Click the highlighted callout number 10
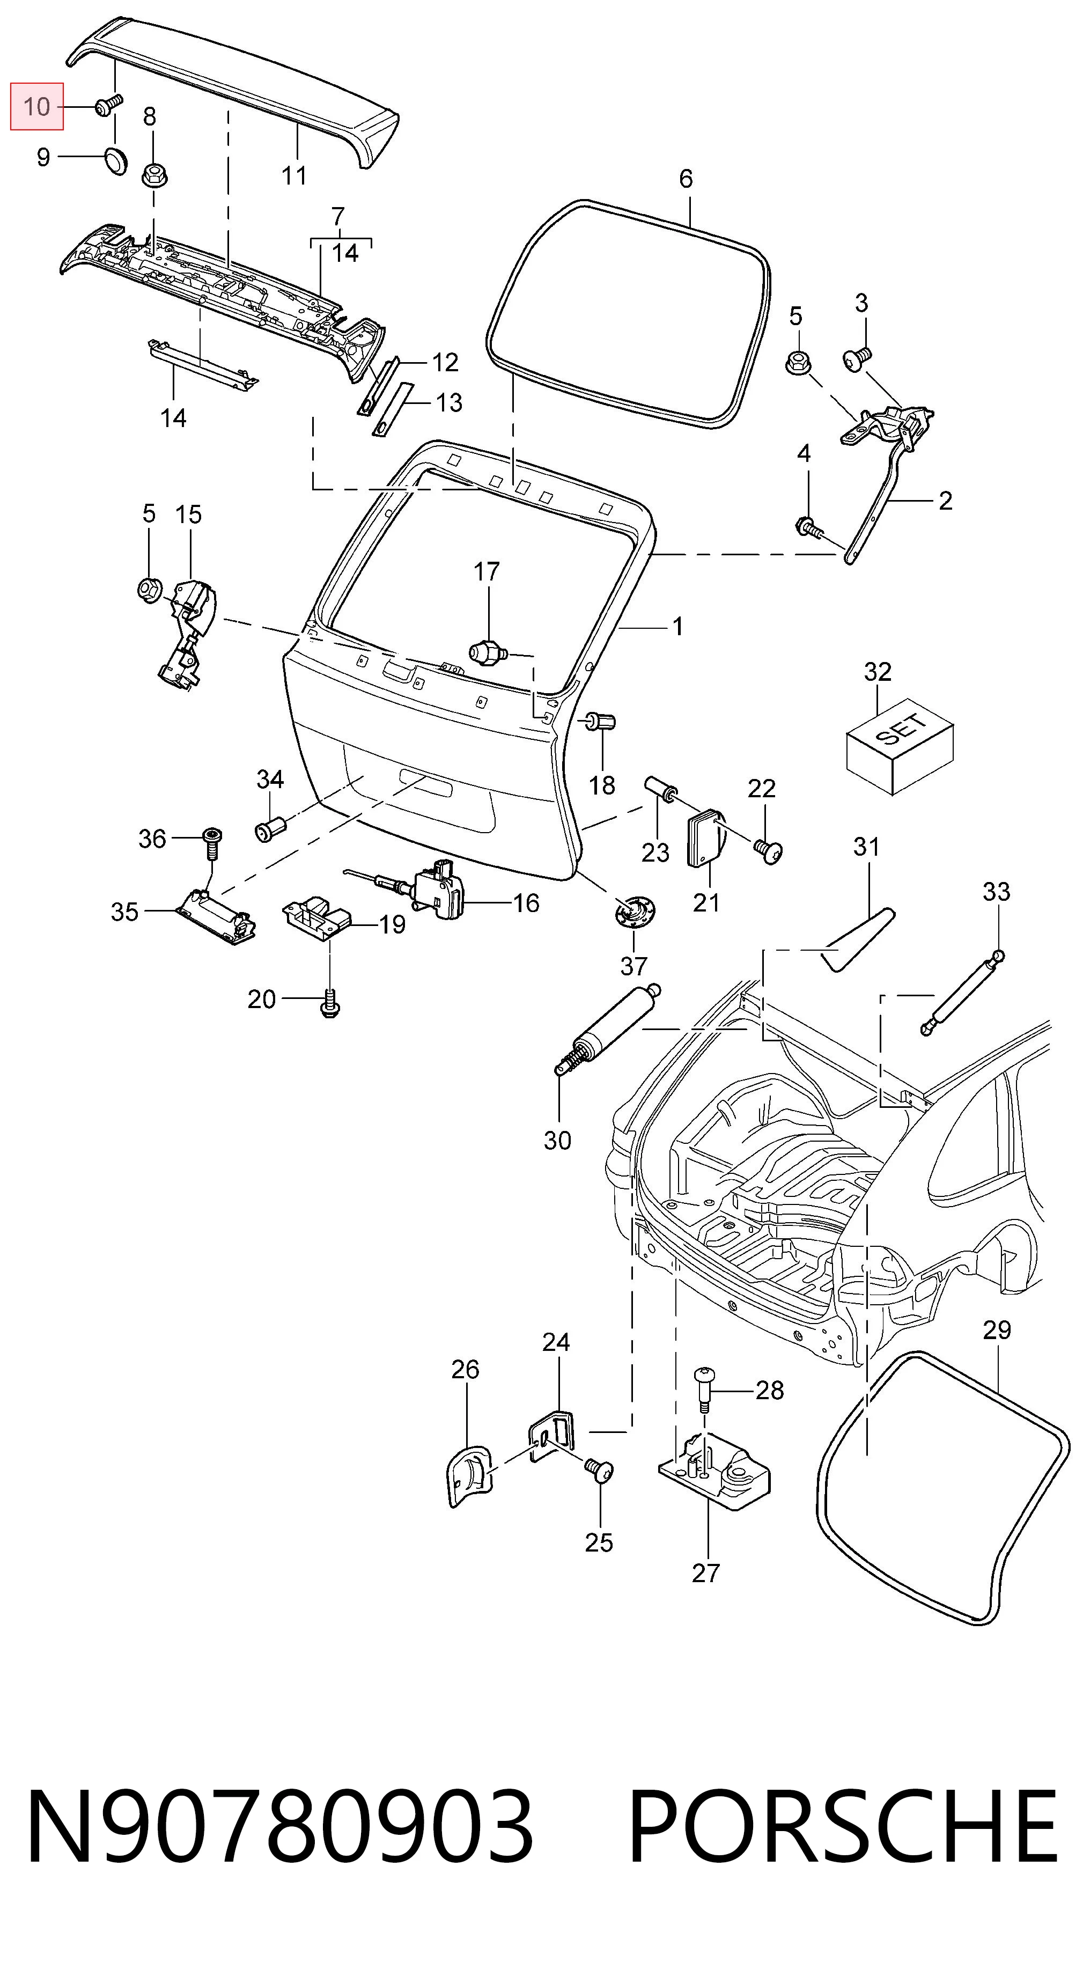[x=36, y=107]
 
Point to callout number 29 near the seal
[x=996, y=1330]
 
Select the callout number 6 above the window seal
[x=686, y=179]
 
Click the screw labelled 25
[x=600, y=1469]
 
